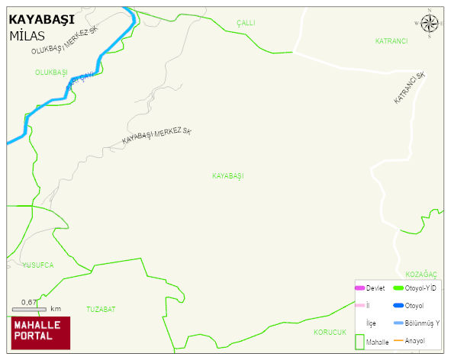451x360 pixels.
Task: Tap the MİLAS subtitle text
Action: [x=28, y=36]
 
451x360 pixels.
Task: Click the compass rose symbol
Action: [x=430, y=25]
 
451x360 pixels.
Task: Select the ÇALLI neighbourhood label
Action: [x=245, y=24]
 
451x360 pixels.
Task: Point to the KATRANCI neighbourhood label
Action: [x=391, y=40]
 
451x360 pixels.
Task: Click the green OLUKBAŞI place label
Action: [x=51, y=72]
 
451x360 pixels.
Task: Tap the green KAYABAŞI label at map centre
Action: [x=227, y=176]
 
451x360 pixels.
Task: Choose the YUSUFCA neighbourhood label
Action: [x=38, y=265]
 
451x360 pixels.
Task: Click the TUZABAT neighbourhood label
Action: [x=101, y=309]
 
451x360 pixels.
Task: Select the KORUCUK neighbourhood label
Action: [x=330, y=333]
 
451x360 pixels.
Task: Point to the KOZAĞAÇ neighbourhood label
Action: [x=420, y=274]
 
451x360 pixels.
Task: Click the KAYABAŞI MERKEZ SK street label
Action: [x=157, y=137]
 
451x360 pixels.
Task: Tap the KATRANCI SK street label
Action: [x=409, y=89]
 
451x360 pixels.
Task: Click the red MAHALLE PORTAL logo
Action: [x=40, y=333]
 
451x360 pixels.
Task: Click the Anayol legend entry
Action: [x=414, y=340]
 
